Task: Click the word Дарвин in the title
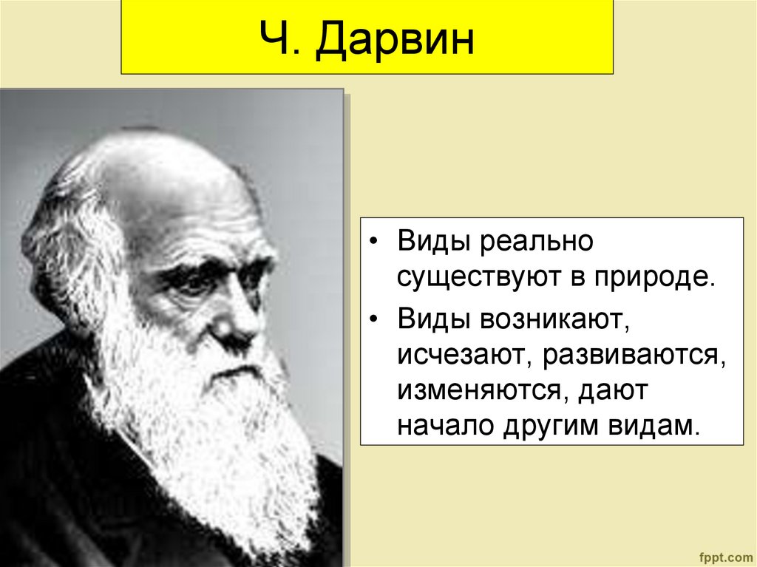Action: pos(393,38)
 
